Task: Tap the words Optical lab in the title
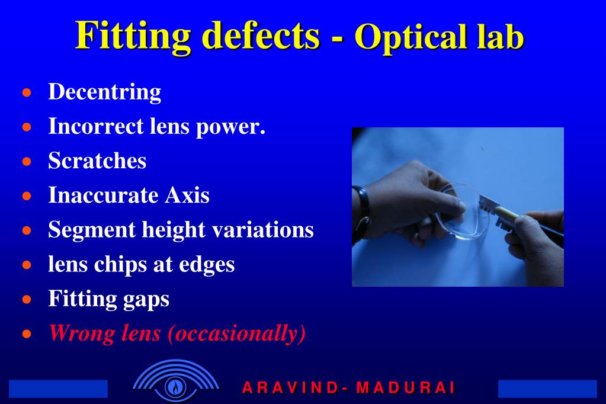pos(439,37)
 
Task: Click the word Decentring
pos(104,92)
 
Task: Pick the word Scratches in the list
pos(97,161)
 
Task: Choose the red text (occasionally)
pos(237,334)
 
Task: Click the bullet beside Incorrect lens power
pos(25,127)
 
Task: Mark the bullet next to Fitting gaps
pos(25,299)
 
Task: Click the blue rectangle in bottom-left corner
pos(58,389)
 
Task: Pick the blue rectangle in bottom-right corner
pos(547,389)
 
